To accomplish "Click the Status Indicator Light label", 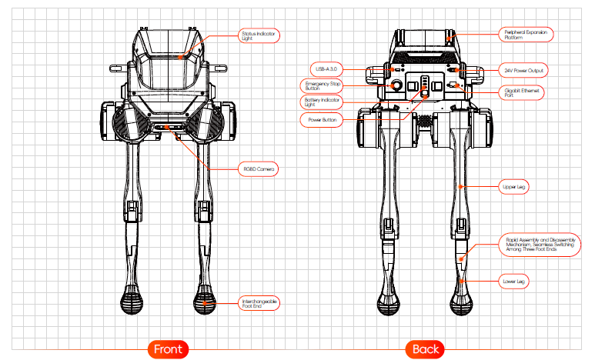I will [x=258, y=36].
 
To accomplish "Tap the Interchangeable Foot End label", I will [x=259, y=302].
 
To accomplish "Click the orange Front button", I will [x=167, y=349].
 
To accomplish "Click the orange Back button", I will [x=425, y=349].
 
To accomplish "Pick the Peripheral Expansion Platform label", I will [x=527, y=35].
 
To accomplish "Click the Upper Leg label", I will [x=520, y=186].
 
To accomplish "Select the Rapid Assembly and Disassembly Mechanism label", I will [x=539, y=245].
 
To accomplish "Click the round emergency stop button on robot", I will [x=397, y=85].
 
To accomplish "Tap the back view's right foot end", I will [x=462, y=301].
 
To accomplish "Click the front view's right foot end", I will [x=204, y=301].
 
